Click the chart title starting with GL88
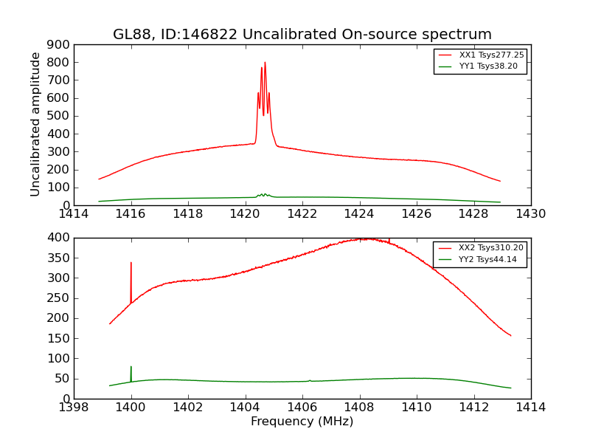[302, 35]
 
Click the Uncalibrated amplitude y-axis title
[36, 124]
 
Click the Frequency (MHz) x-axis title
[302, 422]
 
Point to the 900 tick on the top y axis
[58, 44]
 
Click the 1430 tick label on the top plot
[530, 214]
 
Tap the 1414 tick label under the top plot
[74, 214]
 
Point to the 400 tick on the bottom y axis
[58, 238]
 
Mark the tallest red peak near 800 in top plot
[265, 63]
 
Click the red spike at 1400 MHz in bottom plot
[131, 263]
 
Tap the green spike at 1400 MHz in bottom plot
[131, 367]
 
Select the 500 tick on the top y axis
[58, 116]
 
